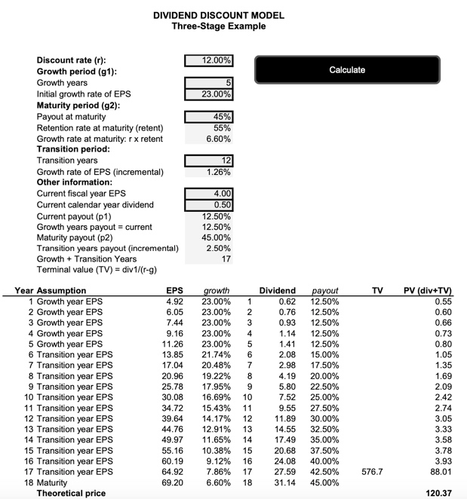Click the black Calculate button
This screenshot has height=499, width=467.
point(347,69)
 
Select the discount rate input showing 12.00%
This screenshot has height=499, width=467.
point(209,60)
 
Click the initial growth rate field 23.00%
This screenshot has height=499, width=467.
point(209,94)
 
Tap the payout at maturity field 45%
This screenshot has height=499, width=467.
point(209,117)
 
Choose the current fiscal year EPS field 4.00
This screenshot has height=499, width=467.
point(209,194)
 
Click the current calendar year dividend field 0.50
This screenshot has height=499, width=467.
point(209,205)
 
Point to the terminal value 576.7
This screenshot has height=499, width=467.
point(372,471)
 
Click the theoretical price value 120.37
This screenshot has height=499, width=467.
point(438,493)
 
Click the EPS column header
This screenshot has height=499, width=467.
point(174,290)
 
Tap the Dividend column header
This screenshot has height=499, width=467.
point(277,290)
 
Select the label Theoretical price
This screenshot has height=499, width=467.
point(72,493)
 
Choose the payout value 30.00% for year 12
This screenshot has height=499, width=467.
point(324,417)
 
